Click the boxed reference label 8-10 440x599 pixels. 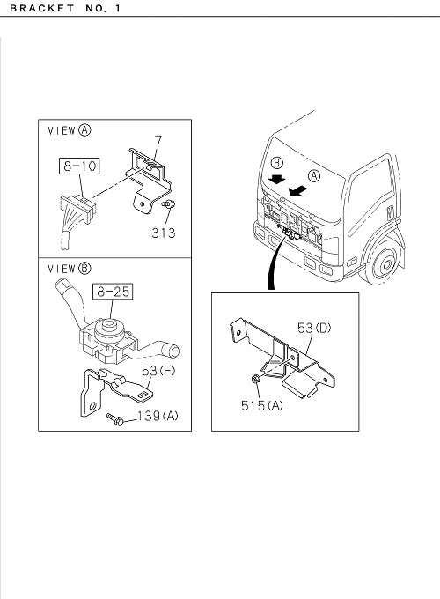[x=79, y=166]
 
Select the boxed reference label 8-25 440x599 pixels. [x=113, y=292]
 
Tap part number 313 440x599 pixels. [x=164, y=233]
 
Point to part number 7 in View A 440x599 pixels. [x=158, y=141]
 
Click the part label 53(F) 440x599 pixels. [x=158, y=370]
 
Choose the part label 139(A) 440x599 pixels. [x=158, y=416]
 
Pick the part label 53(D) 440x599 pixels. [x=314, y=328]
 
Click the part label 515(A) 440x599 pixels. [x=262, y=405]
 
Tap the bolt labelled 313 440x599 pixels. [x=168, y=204]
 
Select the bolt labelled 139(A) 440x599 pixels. [x=114, y=419]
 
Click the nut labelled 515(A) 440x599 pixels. [x=256, y=379]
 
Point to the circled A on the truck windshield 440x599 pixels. [x=314, y=175]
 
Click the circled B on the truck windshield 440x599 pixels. [x=276, y=163]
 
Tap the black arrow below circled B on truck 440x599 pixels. [x=276, y=179]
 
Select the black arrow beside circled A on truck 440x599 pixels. [x=298, y=190]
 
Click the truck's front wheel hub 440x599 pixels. [x=387, y=263]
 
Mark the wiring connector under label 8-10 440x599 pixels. [x=78, y=211]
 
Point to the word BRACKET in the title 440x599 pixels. [x=42, y=8]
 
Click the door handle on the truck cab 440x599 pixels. [x=390, y=212]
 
